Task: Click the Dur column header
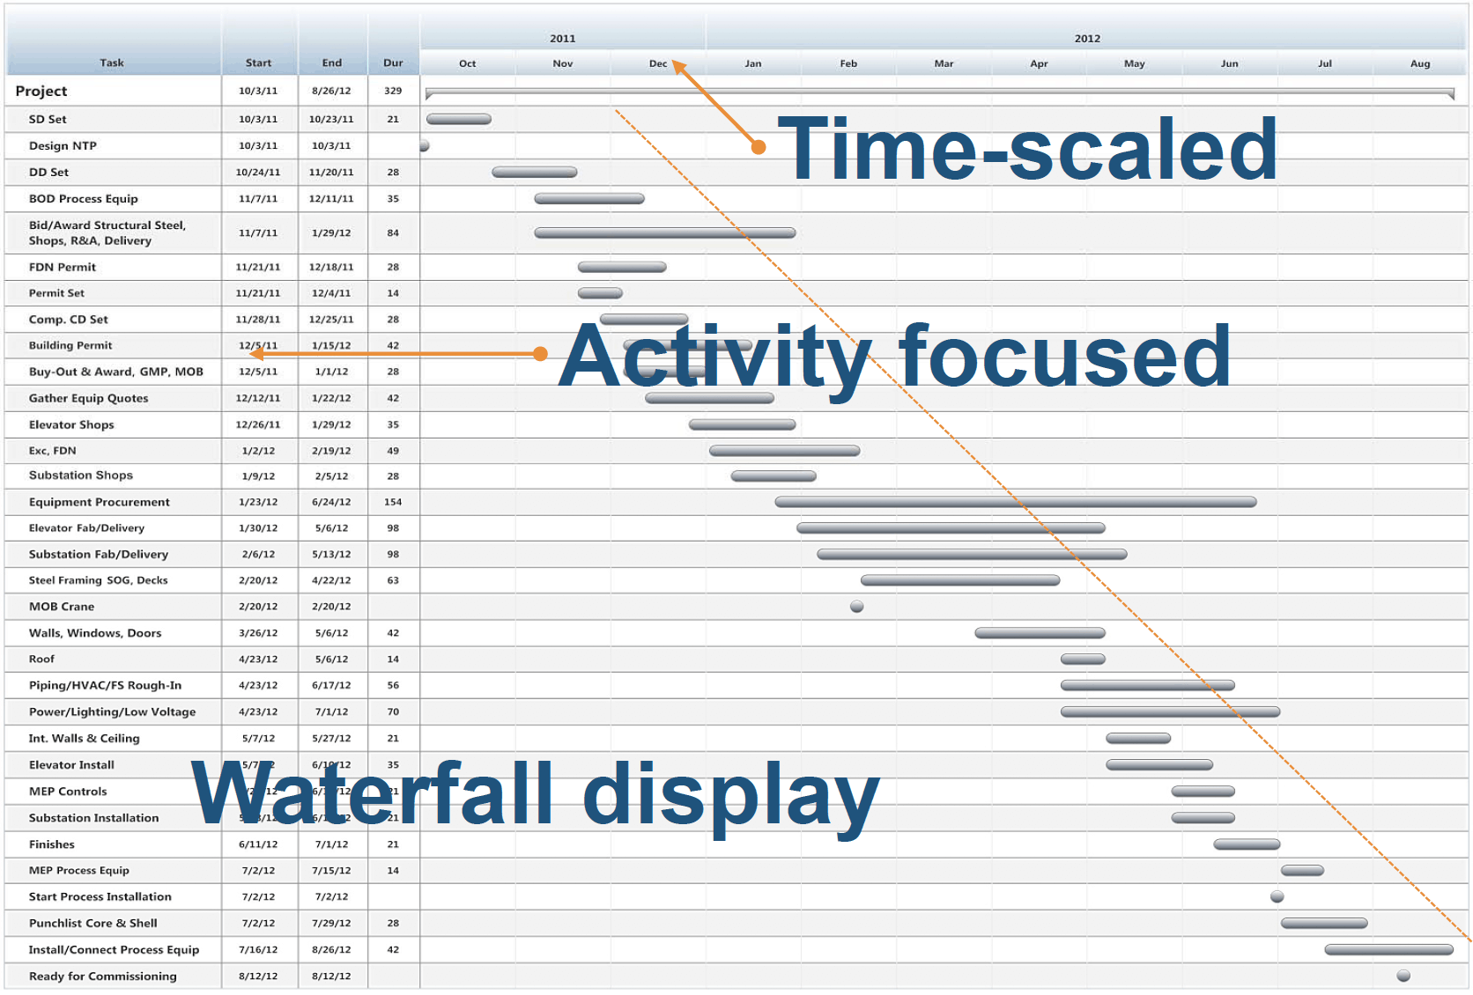click(393, 63)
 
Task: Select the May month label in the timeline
click(1134, 63)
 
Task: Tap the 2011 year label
click(562, 39)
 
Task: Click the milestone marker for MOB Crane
click(856, 607)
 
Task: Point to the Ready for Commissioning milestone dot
click(1403, 976)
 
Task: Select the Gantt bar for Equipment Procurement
click(1015, 502)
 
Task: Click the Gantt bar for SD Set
click(458, 119)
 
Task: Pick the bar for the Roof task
click(1083, 659)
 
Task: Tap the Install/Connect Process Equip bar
click(1388, 949)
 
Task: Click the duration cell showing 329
click(393, 91)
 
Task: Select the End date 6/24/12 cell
click(331, 502)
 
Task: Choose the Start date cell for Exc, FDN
click(258, 451)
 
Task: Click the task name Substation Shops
click(81, 475)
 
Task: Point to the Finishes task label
click(52, 844)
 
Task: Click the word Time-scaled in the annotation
click(1027, 150)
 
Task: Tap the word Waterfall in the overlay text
click(372, 794)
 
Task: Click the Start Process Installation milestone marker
click(1277, 896)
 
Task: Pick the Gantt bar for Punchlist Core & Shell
click(1323, 923)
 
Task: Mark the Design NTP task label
click(63, 146)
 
